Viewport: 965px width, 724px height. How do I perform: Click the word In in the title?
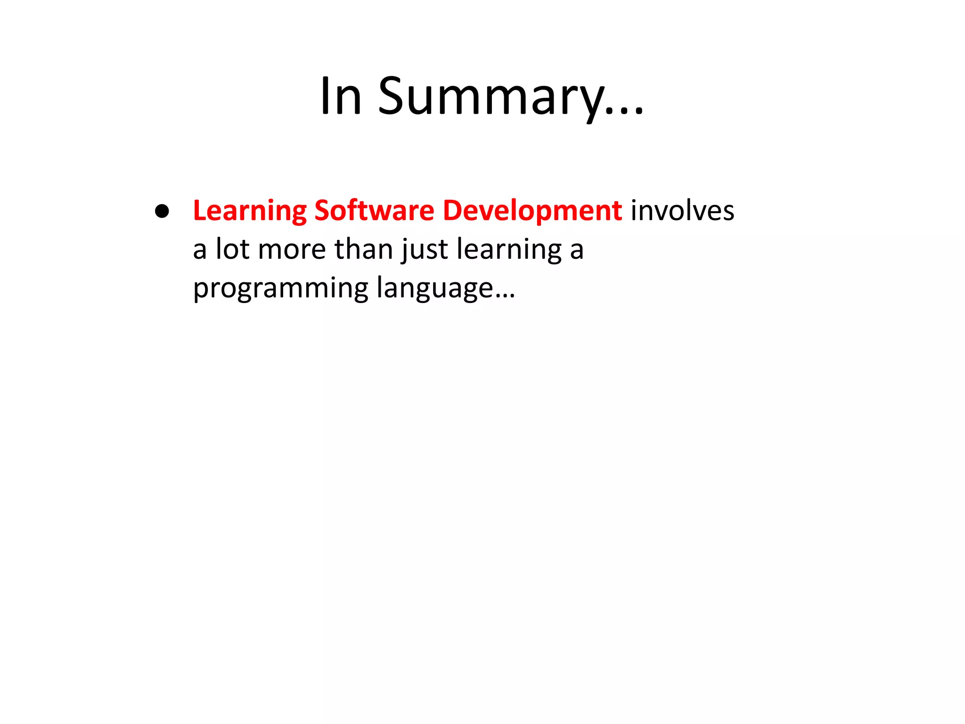tap(341, 97)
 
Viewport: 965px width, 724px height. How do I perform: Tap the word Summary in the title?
tap(490, 97)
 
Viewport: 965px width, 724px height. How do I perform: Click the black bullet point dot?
tap(162, 211)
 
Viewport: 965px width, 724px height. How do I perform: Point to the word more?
tap(292, 250)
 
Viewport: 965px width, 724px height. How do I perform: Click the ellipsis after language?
tap(506, 296)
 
